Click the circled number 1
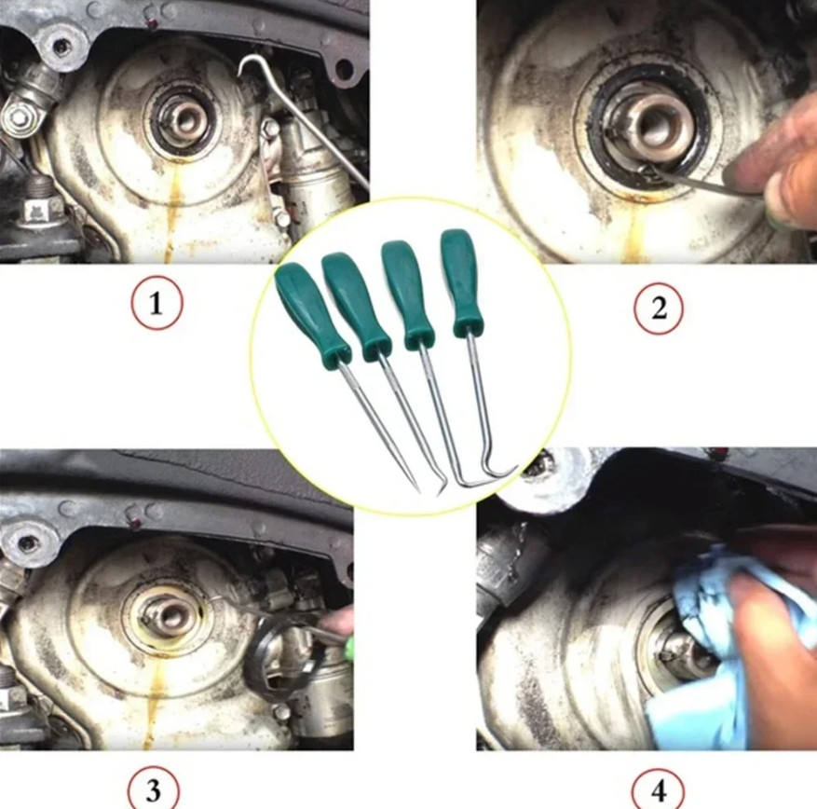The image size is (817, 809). coord(157,303)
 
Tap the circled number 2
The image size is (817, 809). coord(659,308)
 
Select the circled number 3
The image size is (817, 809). coord(153,790)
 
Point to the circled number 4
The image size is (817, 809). coord(658,790)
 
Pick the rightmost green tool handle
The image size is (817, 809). coord(459,282)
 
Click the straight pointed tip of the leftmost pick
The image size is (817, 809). coord(419,491)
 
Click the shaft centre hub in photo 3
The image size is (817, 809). coord(169,618)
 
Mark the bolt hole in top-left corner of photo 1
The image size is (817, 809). coord(60,47)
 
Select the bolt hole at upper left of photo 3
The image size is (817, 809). coord(22,542)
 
